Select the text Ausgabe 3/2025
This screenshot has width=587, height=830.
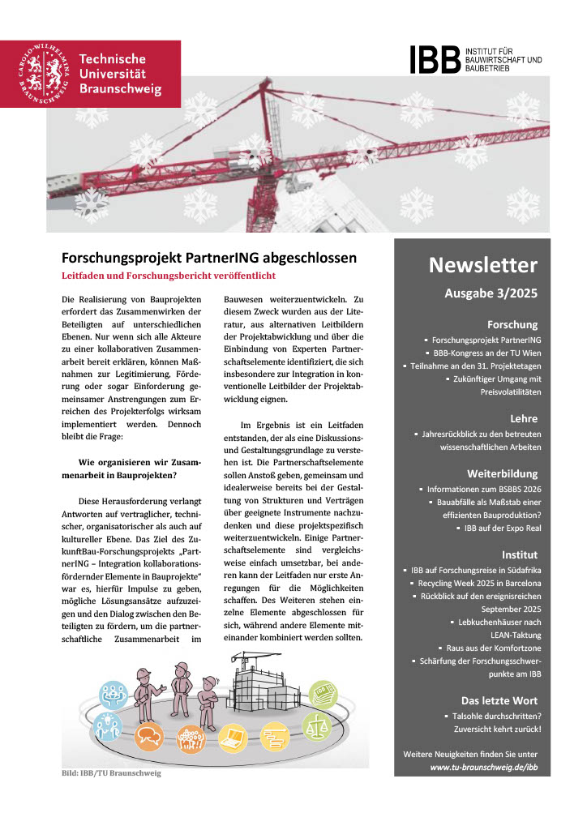491,294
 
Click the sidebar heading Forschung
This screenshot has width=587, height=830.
512,324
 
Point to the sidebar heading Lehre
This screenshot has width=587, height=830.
524,418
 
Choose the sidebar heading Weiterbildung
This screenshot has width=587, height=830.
503,473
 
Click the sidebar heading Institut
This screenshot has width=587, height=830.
520,555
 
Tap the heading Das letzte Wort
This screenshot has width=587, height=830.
499,700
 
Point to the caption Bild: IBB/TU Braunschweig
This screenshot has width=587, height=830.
111,773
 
